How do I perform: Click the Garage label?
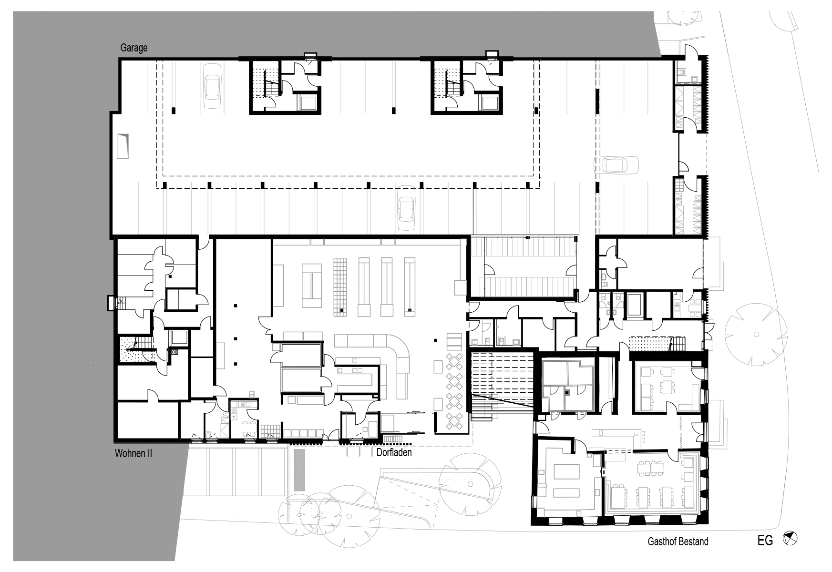[x=134, y=48]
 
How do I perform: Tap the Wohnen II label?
[x=134, y=453]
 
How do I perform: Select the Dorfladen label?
[x=394, y=452]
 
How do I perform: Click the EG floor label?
[x=765, y=541]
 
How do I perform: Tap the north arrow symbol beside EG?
[x=791, y=539]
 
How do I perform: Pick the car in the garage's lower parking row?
[x=406, y=208]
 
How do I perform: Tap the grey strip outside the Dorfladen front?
[x=299, y=470]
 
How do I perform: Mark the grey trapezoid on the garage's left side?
[x=123, y=146]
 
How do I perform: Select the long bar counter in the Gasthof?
[x=617, y=433]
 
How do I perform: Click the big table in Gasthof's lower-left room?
[x=566, y=478]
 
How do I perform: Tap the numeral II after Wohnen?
[x=148, y=453]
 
